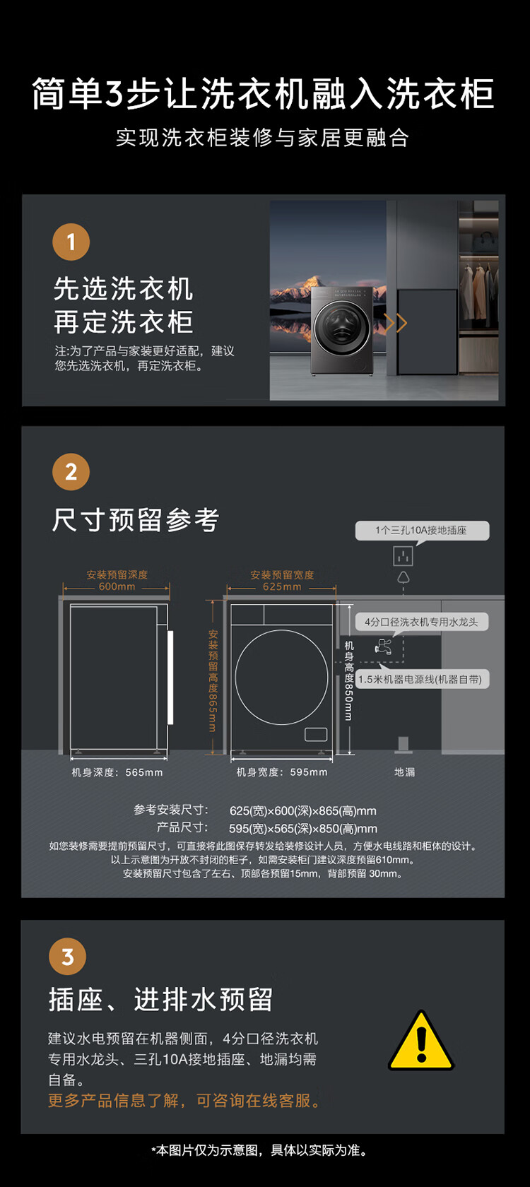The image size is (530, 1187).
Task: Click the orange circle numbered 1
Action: (71, 242)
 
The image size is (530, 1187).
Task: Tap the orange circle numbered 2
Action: (71, 472)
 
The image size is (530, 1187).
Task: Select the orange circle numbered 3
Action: (67, 957)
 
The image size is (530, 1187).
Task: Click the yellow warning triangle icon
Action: (421, 1041)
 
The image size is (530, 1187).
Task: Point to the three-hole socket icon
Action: (404, 556)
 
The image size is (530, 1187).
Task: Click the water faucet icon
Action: (383, 646)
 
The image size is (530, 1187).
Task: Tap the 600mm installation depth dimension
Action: (117, 586)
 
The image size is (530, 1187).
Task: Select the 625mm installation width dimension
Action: (282, 586)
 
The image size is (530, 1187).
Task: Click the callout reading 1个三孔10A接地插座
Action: (422, 531)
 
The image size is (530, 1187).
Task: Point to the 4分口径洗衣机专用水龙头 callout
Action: (421, 622)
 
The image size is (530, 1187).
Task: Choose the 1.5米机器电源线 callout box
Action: (422, 680)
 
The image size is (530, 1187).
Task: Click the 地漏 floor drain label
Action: (404, 772)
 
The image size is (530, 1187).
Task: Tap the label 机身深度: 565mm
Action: (117, 773)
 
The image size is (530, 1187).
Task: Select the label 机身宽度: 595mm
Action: (282, 773)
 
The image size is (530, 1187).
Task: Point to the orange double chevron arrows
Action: (396, 322)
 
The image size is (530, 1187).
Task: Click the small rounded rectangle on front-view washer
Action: (316, 734)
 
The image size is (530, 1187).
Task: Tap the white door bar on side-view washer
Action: (171, 677)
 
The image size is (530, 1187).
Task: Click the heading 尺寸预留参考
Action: (135, 519)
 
